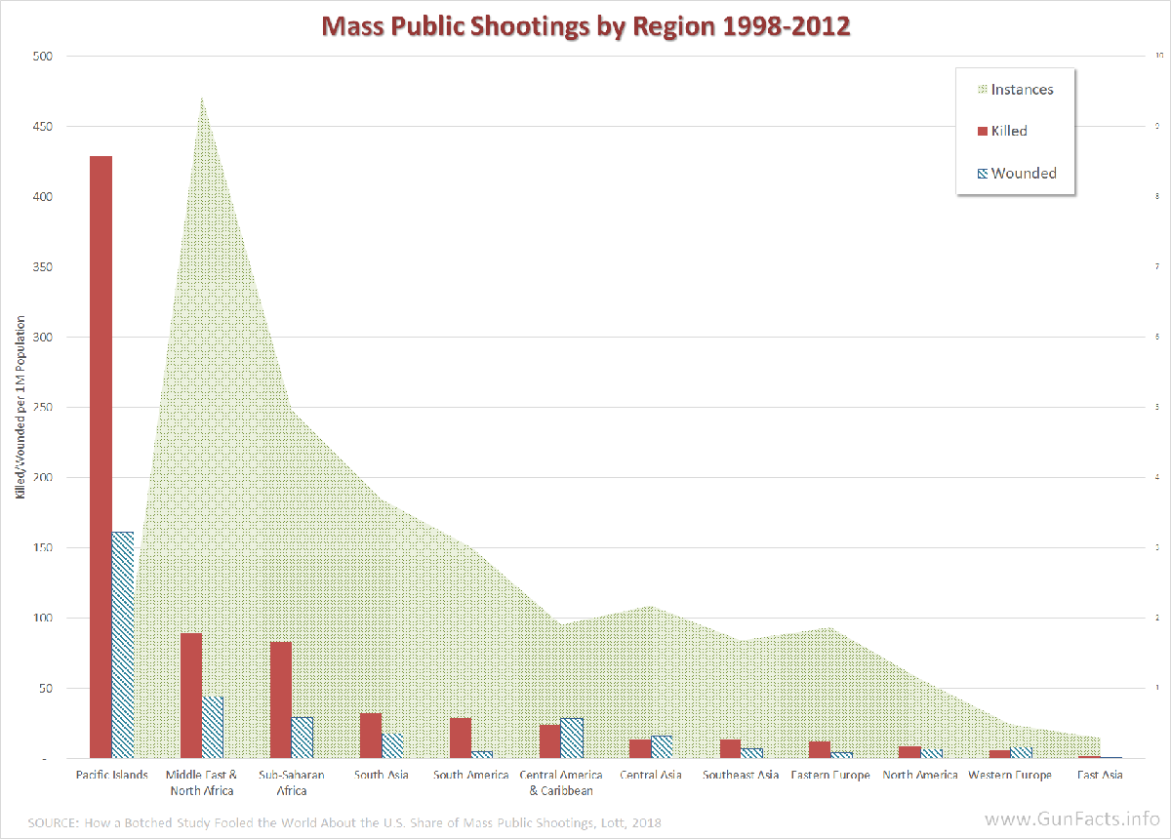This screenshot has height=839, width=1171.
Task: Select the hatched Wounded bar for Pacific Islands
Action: tap(122, 645)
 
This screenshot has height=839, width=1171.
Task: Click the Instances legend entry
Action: tap(1015, 90)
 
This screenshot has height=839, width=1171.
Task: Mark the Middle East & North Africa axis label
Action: tap(201, 782)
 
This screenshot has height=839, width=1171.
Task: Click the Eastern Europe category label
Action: tap(829, 776)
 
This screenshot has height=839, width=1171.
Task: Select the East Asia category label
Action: tap(1100, 776)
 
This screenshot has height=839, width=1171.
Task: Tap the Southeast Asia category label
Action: tap(741, 776)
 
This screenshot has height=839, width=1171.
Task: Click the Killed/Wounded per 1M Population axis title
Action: tap(20, 408)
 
